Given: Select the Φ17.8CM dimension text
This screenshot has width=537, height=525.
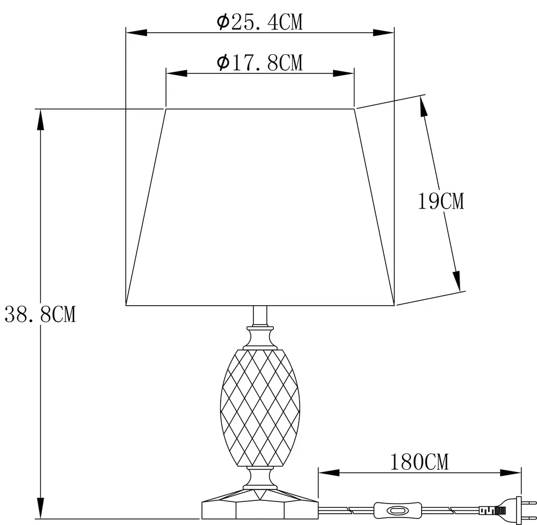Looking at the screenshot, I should coord(260,62).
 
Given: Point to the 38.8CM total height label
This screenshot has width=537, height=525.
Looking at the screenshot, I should coord(40,315).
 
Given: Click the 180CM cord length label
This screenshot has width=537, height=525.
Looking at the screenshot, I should coord(419,461).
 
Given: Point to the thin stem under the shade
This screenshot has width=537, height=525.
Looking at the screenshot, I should coord(259,316).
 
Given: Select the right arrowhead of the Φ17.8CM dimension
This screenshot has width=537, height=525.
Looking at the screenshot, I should coord(344,73).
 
